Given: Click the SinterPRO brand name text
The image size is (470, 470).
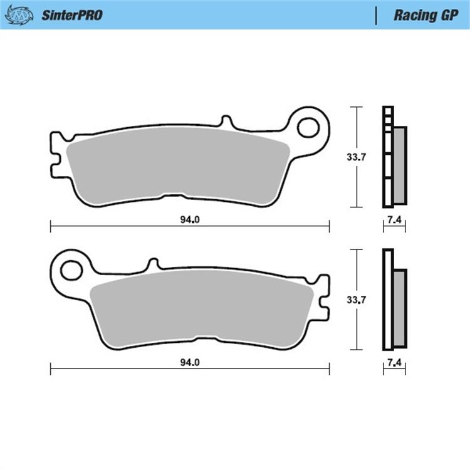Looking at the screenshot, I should click(x=71, y=15).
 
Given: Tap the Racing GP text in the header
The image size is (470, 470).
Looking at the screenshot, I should click(x=418, y=15).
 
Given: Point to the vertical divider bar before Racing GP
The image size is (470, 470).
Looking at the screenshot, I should click(x=375, y=15).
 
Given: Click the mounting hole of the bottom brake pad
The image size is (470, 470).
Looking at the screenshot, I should click(x=71, y=270).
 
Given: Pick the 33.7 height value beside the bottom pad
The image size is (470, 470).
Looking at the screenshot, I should click(x=356, y=300).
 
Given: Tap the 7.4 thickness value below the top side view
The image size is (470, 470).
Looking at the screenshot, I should click(x=394, y=219).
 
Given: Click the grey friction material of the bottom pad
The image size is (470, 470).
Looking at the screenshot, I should click(x=201, y=310).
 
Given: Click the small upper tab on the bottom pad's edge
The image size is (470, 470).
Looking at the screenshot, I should click(x=152, y=264).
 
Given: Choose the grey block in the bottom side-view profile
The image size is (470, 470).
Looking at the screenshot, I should click(x=399, y=307).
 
